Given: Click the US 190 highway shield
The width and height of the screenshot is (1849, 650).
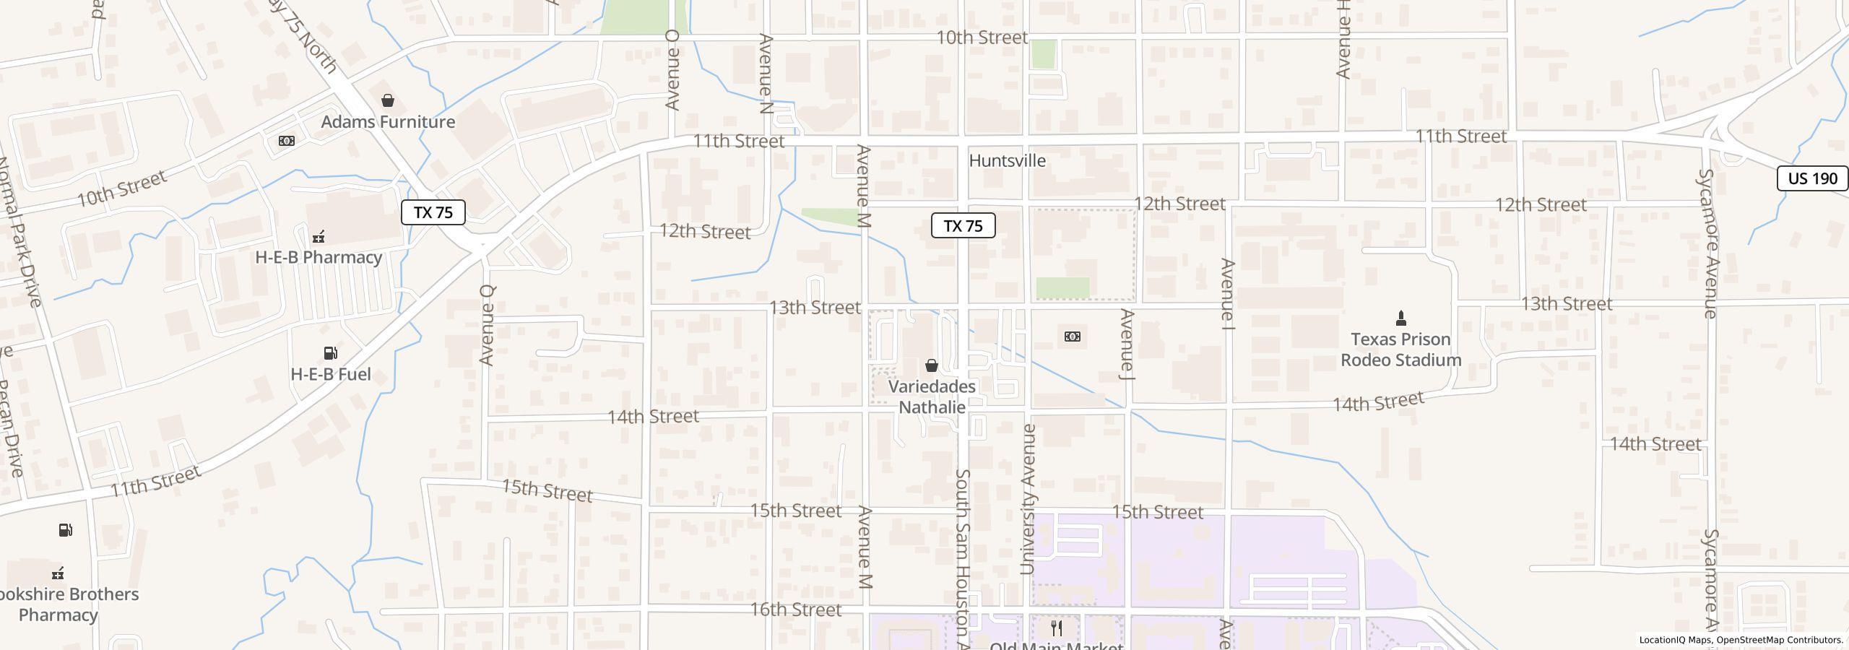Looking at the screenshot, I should pos(1812,178).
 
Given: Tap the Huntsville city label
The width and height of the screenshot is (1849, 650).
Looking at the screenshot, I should pos(1007,160).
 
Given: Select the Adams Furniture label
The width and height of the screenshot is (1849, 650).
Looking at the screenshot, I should pos(388,121).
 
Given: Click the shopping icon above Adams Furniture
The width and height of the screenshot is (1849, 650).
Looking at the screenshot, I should pos(388,100).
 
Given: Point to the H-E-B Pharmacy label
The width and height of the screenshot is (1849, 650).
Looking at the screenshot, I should pos(319,257).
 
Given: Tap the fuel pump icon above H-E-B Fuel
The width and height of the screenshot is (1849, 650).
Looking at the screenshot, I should pos(331,353).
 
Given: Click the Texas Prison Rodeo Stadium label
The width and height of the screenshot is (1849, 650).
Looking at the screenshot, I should pos(1400,350).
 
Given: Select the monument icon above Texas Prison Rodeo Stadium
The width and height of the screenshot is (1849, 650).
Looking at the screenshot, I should pos(1400,318).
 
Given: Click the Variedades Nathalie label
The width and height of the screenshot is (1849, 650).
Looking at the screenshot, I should pos(932,396).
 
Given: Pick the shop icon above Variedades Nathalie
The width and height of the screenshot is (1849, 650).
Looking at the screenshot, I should pos(932,365).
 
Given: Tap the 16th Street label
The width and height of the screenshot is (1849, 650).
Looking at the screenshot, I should pos(795,610).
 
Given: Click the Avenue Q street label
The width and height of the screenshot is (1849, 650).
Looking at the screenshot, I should pos(488,325).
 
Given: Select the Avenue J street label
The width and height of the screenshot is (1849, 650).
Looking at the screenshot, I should pos(1127,344).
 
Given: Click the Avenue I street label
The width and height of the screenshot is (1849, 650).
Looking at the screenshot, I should pos(1228,290).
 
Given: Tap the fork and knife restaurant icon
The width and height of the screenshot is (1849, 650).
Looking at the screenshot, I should pos(1057,628).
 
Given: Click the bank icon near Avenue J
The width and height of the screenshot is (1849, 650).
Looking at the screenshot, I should pos(1073,337).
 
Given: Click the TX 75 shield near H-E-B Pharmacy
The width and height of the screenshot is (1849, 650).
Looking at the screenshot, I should pos(433,212).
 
